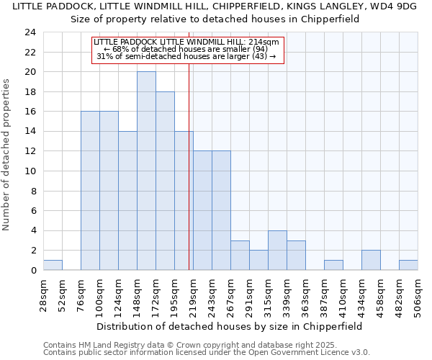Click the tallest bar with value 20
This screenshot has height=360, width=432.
pos(146,171)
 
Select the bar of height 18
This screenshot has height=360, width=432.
pos(165,181)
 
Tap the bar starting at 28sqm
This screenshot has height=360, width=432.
pos(53,265)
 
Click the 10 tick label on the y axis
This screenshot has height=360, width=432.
pos(30,171)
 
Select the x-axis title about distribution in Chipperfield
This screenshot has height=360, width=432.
pos(228,326)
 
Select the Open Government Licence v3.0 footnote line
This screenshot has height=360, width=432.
pos(206,352)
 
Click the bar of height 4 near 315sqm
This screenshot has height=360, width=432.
pos(277,250)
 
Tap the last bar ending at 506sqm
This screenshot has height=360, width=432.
pos(408,265)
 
